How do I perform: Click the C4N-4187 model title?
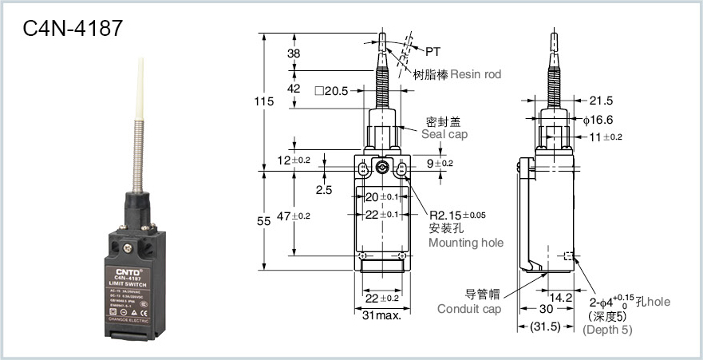pos(73,30)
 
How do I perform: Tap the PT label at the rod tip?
pos(432,52)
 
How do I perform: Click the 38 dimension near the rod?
pos(294,53)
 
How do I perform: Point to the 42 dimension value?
pos(294,89)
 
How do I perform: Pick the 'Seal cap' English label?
pos(445,134)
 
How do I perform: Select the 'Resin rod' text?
pos(476,74)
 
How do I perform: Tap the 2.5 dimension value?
pos(324,190)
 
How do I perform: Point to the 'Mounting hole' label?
pos(466,243)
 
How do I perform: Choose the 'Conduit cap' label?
pos(469,309)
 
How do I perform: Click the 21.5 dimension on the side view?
pos(601,101)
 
